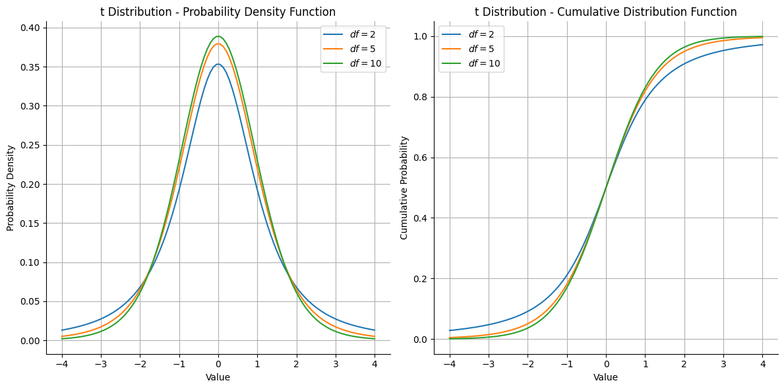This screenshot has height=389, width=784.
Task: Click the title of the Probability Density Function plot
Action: coord(218,12)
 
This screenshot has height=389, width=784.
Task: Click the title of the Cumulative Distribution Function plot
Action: coord(605,12)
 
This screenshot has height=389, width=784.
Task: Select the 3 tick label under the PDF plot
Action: coord(336,363)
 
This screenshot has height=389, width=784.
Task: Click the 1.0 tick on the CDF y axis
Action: coord(420,36)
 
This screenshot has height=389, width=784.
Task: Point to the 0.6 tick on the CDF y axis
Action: coord(420,158)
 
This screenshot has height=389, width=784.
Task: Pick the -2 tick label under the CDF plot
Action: coord(526,363)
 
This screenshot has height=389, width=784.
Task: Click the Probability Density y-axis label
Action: coord(11,188)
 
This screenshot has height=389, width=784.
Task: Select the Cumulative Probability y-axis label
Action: coord(404,188)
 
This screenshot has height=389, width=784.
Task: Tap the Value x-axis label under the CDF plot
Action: coord(605,377)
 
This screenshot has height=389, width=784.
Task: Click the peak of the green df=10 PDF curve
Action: coord(218,36)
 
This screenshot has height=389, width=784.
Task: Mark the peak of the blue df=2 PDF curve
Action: coord(218,64)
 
